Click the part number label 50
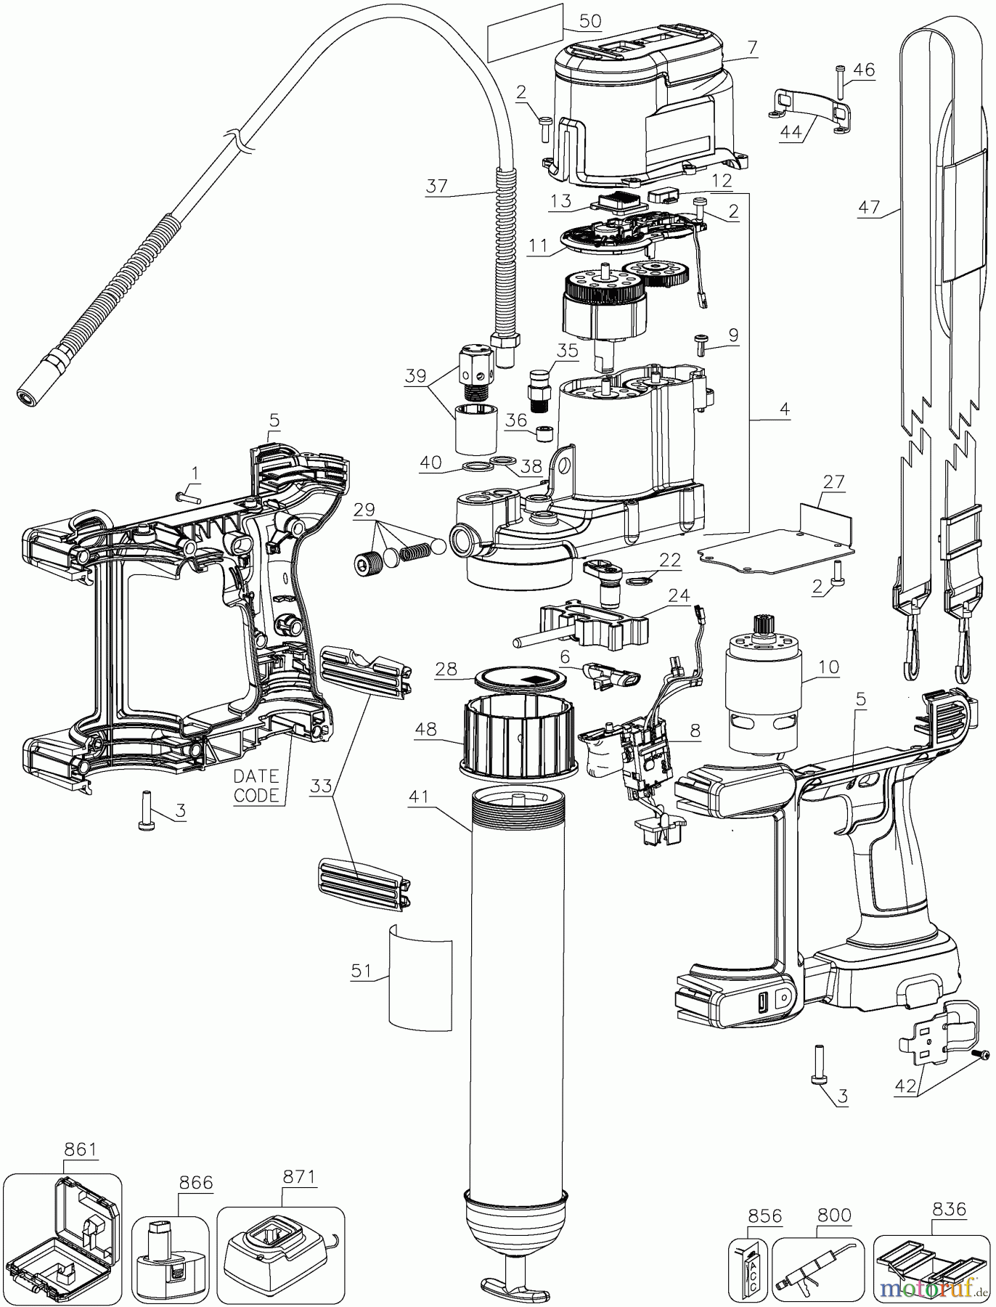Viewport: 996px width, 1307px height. point(590,21)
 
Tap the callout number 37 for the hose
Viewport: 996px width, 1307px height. point(437,186)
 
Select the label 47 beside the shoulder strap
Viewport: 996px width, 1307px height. point(869,208)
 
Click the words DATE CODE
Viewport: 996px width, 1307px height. point(256,786)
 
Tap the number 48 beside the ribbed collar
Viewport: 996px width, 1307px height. point(427,728)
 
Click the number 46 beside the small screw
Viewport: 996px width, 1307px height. point(864,70)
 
